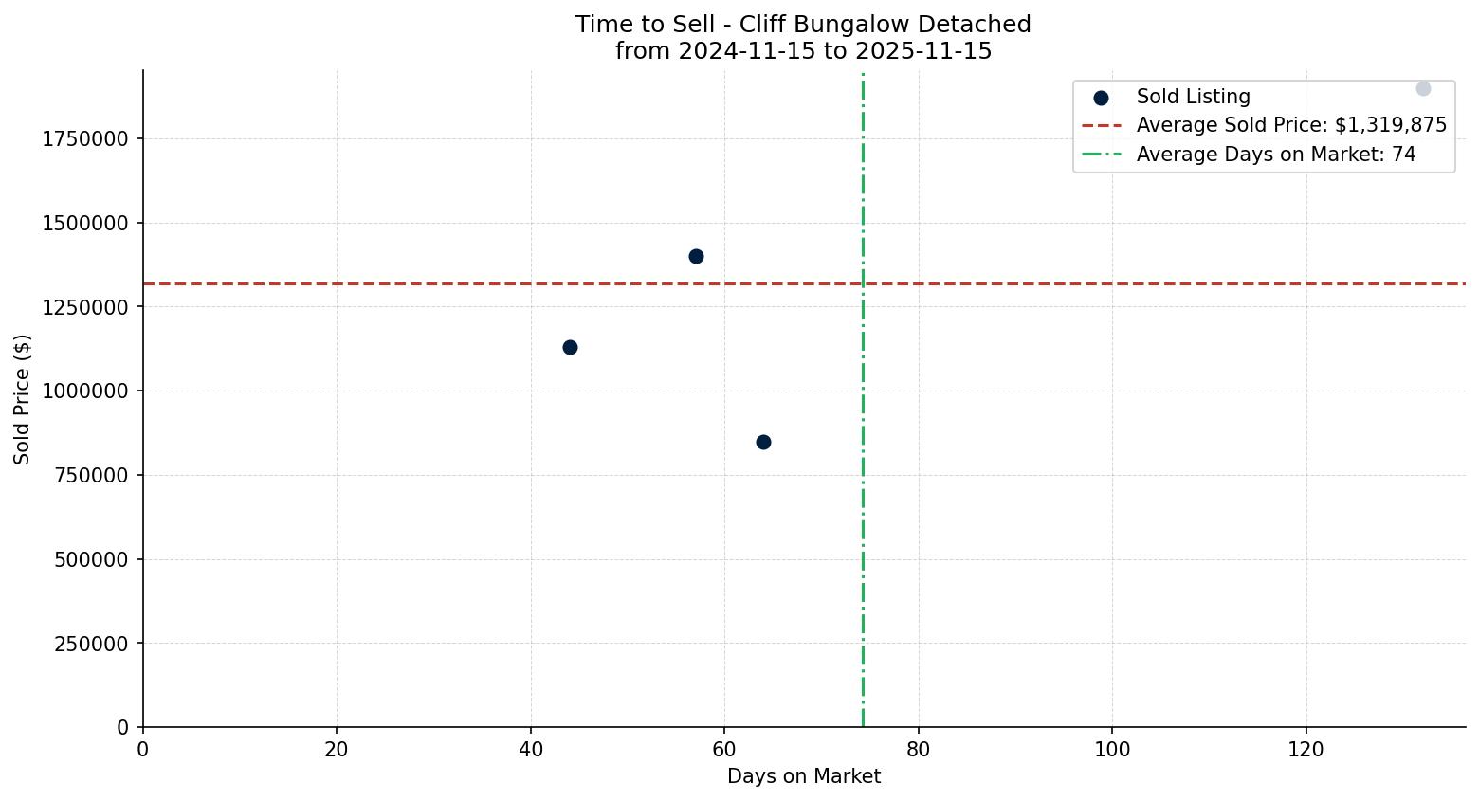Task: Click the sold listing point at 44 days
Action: tap(570, 347)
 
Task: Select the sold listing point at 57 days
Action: tap(696, 256)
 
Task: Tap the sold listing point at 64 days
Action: tap(763, 442)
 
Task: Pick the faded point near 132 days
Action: tap(1423, 88)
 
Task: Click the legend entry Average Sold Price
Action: tap(1291, 125)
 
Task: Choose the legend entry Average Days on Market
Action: tap(1275, 155)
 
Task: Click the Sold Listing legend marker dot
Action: tap(1101, 98)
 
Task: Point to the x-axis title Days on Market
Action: tap(803, 776)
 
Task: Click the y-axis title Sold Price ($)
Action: tap(22, 399)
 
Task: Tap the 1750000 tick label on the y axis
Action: tap(85, 139)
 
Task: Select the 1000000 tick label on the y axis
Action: tap(85, 391)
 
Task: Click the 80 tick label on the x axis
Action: tap(918, 750)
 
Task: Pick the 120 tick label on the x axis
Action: tap(1306, 750)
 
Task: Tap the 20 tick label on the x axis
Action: tap(337, 750)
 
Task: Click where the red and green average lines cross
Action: tap(863, 283)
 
